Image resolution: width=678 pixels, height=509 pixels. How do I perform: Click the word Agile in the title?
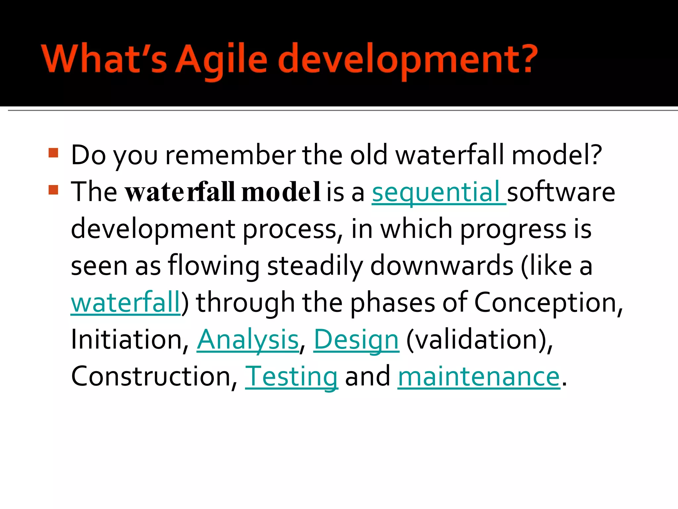tap(221, 60)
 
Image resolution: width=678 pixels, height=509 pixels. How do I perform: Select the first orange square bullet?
tap(53, 153)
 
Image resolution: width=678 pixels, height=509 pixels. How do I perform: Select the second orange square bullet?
tap(53, 190)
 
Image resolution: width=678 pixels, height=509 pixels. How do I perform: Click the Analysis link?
tap(248, 340)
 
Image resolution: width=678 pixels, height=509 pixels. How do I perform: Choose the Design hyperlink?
tap(356, 340)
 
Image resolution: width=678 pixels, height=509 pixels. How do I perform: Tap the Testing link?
tap(291, 377)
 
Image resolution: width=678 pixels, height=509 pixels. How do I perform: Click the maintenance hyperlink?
tap(479, 377)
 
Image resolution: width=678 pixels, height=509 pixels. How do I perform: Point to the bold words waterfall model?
tap(222, 192)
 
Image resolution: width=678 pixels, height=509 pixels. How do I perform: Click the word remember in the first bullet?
tap(230, 155)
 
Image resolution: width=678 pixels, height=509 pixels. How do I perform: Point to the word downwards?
tap(442, 266)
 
